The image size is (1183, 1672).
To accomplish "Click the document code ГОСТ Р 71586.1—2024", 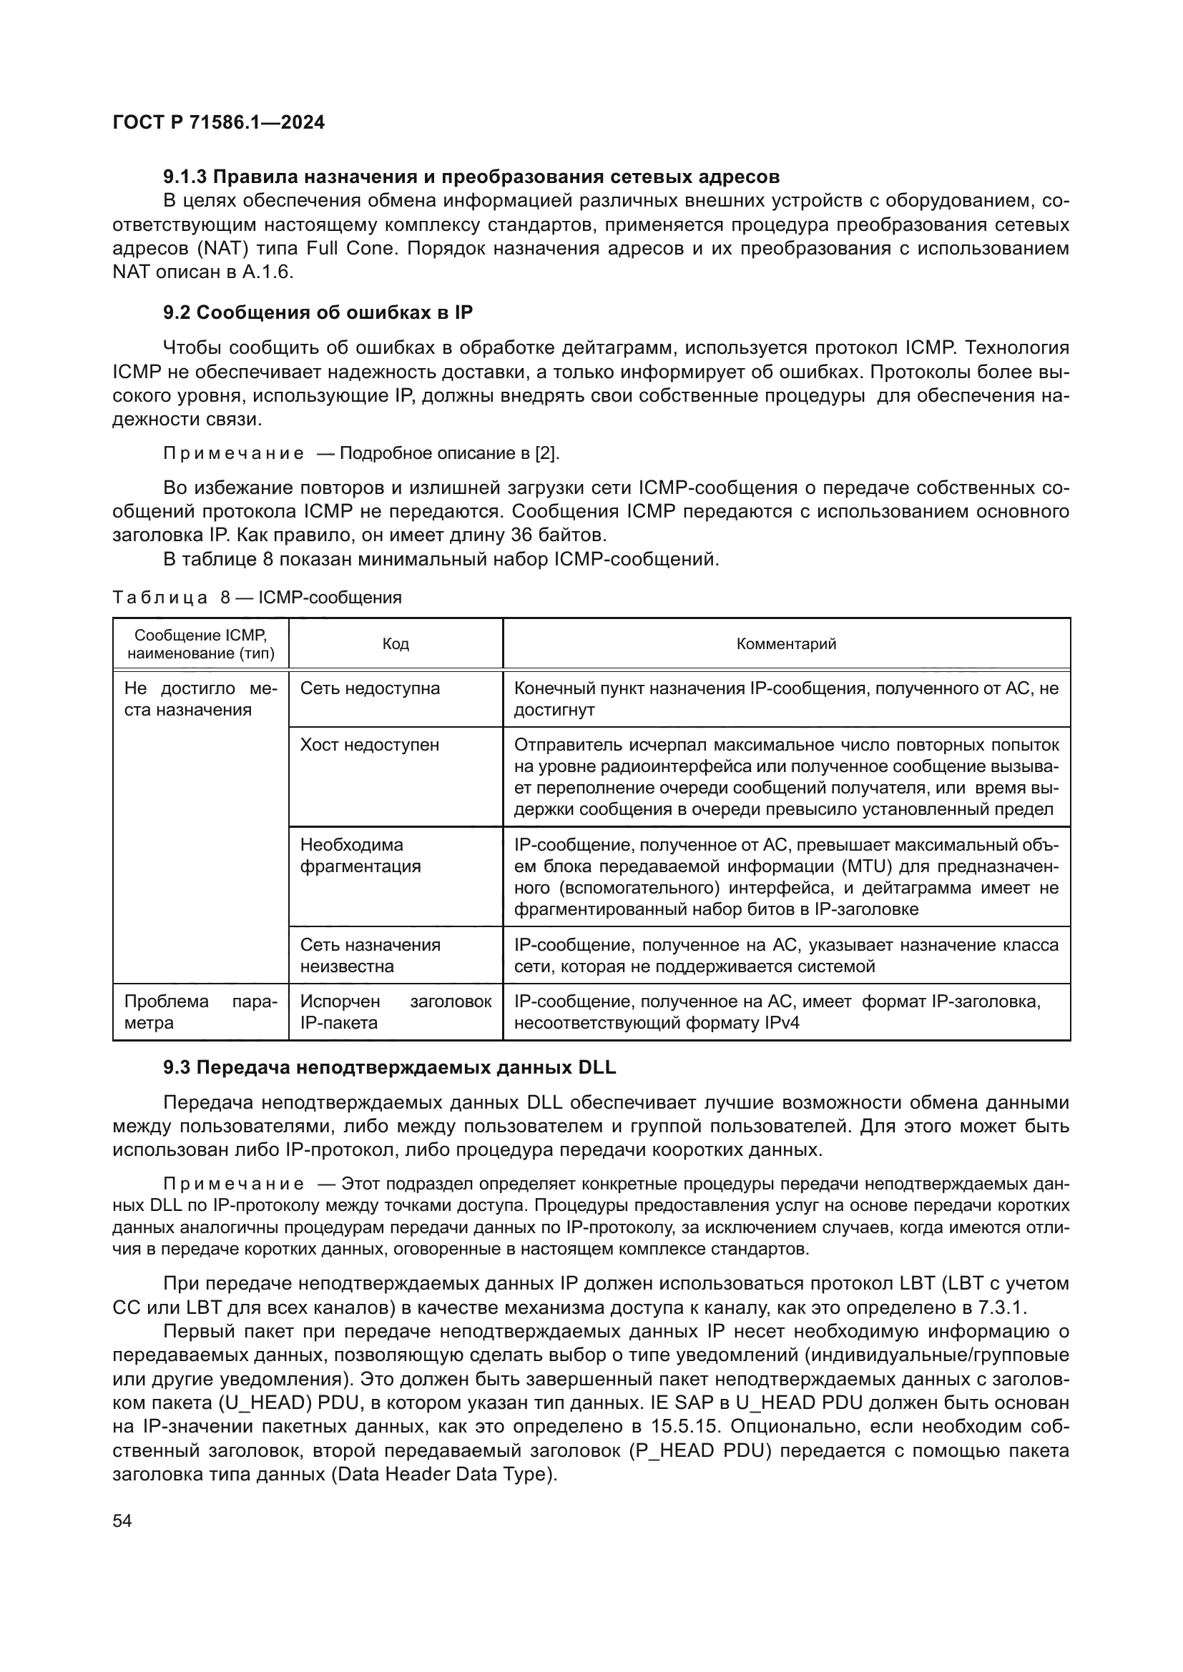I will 219,122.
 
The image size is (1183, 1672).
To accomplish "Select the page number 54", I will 122,1521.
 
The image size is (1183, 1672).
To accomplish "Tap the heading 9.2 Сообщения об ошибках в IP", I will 318,312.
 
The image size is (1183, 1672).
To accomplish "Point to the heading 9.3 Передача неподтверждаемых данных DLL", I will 389,1067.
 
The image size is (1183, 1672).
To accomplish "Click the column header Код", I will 396,644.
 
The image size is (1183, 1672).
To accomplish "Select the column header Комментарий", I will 786,644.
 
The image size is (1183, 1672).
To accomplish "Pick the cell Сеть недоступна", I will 370,689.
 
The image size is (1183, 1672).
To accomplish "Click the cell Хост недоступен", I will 369,745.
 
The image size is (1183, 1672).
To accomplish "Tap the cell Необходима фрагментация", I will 360,856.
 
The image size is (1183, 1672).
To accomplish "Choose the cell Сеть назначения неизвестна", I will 370,956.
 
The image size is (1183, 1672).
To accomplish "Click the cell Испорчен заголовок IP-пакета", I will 396,1012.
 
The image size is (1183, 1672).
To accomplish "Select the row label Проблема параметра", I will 200,1012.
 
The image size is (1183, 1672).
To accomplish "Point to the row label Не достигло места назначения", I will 200,699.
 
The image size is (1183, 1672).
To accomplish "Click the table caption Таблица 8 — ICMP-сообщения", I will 257,598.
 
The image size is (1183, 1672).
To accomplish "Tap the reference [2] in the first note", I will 546,454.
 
